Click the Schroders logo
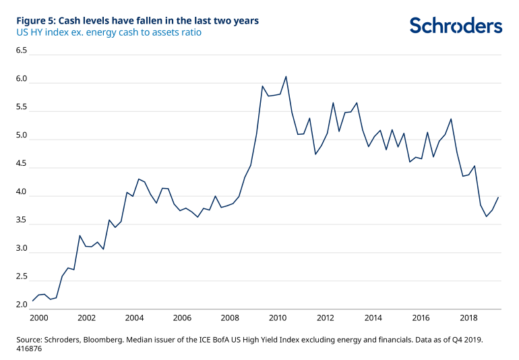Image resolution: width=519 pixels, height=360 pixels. pyautogui.click(x=456, y=26)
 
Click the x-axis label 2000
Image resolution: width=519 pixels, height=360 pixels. pyautogui.click(x=38, y=318)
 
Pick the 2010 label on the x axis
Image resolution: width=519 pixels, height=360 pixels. pyautogui.click(x=278, y=318)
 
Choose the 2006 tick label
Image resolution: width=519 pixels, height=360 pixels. pyautogui.click(x=182, y=318)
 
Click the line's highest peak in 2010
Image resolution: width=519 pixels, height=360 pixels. pyautogui.click(x=286, y=76)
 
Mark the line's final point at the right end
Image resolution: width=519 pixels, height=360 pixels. pyautogui.click(x=498, y=198)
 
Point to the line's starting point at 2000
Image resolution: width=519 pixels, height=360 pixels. pyautogui.click(x=33, y=301)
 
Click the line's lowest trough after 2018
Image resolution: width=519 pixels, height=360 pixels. pyautogui.click(x=487, y=216)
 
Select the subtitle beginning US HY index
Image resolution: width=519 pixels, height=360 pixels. pyautogui.click(x=108, y=32)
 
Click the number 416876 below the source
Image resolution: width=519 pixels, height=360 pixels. pyautogui.click(x=30, y=351)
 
